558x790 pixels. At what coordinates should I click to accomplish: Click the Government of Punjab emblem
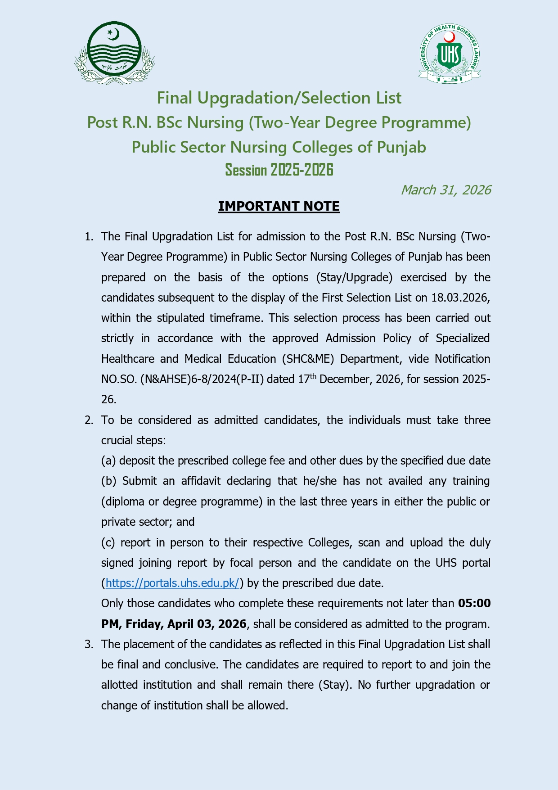[114, 53]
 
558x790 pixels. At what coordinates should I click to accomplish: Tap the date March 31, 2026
[445, 190]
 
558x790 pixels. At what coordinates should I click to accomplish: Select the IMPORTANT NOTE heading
[279, 206]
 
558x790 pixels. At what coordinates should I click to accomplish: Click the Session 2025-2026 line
[279, 170]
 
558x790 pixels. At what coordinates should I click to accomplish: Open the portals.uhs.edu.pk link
[172, 583]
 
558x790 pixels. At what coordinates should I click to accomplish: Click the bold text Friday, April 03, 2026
[186, 624]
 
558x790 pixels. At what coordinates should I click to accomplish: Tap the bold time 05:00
[474, 604]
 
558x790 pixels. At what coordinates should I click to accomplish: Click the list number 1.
[89, 237]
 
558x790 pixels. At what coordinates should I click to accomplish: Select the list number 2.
[89, 420]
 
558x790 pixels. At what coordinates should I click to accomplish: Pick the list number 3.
[89, 645]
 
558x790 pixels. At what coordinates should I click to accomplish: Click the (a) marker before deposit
[108, 461]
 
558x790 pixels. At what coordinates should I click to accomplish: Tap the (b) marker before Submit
[108, 481]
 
